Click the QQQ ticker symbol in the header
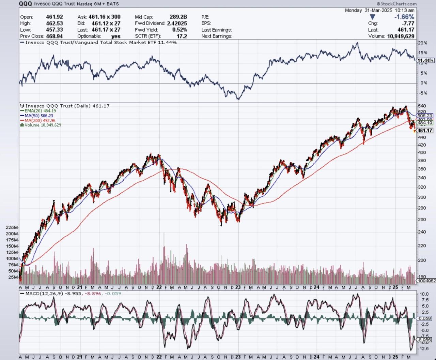coord(26,4)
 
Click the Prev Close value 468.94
coord(54,36)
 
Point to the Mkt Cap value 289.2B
coord(178,17)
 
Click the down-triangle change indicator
coord(372,17)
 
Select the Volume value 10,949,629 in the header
coord(401,36)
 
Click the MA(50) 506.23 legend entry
coord(40,116)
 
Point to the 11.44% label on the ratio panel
coord(425,61)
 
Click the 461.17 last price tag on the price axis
coord(425,131)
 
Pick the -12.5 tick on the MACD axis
coord(424,349)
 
